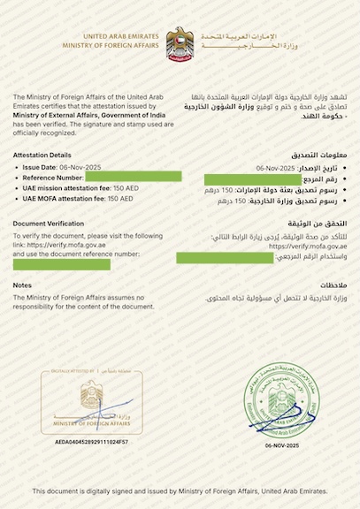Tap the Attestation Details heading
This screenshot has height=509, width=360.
42,155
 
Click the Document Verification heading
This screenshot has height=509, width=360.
49,224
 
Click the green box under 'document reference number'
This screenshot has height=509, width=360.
62,264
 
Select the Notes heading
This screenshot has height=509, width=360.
23,285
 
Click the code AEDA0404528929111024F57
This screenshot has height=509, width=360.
91,440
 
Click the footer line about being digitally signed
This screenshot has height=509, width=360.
180,490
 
